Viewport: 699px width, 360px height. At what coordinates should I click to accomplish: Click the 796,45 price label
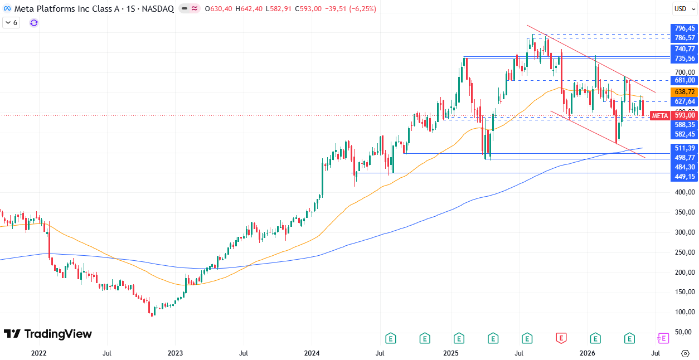tap(684, 28)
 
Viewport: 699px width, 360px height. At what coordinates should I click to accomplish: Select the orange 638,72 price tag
tap(684, 92)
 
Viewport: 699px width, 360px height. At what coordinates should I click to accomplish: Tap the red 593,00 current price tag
tap(684, 115)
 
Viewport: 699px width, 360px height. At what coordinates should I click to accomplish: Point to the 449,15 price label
tap(684, 177)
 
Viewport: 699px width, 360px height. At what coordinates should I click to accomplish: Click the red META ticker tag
tap(659, 116)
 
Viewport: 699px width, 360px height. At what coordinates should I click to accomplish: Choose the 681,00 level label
tap(684, 80)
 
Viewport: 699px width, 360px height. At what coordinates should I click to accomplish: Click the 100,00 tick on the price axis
tap(685, 312)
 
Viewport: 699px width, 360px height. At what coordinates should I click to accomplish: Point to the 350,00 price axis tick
tap(685, 212)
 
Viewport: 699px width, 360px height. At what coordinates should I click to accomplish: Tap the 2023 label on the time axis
tap(175, 353)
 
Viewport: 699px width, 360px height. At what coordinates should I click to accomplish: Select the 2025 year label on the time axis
tap(450, 353)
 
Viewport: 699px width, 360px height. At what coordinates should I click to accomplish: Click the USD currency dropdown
tap(685, 9)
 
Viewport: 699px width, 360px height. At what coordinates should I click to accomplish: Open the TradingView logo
tap(48, 334)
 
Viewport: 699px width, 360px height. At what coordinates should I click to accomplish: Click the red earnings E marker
tap(561, 338)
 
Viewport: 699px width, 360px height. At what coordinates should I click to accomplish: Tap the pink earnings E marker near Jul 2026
tap(663, 338)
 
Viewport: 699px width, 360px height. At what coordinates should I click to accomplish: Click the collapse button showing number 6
tap(11, 23)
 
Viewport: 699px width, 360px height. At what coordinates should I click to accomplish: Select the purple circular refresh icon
tap(33, 23)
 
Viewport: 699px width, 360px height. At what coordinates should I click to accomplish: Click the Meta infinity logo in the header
tap(7, 9)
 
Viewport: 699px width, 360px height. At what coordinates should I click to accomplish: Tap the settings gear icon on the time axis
tap(685, 353)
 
